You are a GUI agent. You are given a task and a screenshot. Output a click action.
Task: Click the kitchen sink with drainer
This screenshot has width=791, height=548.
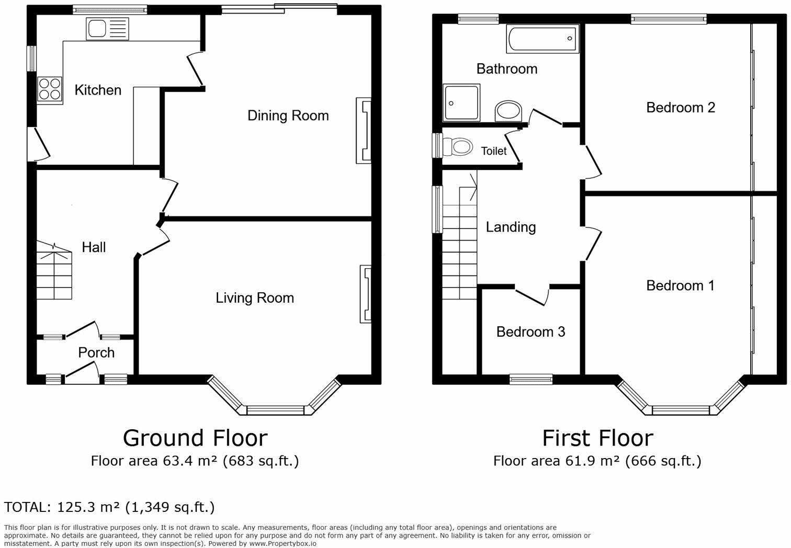(107, 29)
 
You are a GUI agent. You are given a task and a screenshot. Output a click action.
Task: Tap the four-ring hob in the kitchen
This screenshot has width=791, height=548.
(50, 90)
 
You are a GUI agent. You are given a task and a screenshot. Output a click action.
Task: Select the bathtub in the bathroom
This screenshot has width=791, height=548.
(543, 39)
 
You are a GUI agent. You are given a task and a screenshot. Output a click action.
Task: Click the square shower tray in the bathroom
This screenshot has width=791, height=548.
(461, 102)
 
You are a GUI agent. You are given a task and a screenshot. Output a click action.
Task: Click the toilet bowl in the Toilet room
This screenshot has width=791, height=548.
(458, 146)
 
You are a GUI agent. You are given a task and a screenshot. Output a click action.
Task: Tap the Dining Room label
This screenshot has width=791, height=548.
(288, 116)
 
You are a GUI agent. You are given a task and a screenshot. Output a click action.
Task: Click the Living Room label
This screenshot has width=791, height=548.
(255, 298)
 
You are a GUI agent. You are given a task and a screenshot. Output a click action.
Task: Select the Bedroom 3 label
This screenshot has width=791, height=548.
(531, 332)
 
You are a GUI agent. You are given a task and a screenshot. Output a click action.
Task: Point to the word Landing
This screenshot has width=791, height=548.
(511, 227)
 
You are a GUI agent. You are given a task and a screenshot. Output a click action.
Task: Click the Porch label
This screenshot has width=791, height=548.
(96, 352)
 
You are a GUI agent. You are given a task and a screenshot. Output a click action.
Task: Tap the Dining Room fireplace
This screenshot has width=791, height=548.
(364, 131)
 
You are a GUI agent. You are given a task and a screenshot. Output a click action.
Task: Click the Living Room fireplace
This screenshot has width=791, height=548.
(366, 294)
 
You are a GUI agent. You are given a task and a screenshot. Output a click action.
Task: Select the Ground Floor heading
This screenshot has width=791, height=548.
(195, 438)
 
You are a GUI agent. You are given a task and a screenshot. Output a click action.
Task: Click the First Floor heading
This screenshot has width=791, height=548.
(598, 438)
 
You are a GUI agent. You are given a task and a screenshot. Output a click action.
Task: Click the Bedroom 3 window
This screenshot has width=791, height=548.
(531, 379)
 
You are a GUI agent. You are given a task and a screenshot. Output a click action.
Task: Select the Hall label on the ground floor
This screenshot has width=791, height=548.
(94, 247)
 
